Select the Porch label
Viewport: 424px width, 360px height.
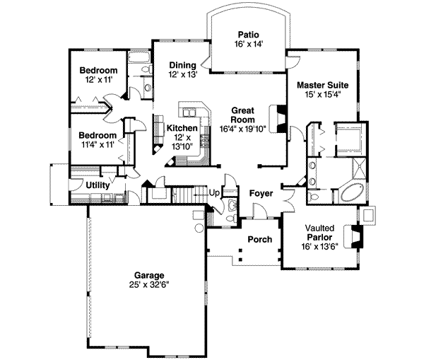(x=259, y=239)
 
